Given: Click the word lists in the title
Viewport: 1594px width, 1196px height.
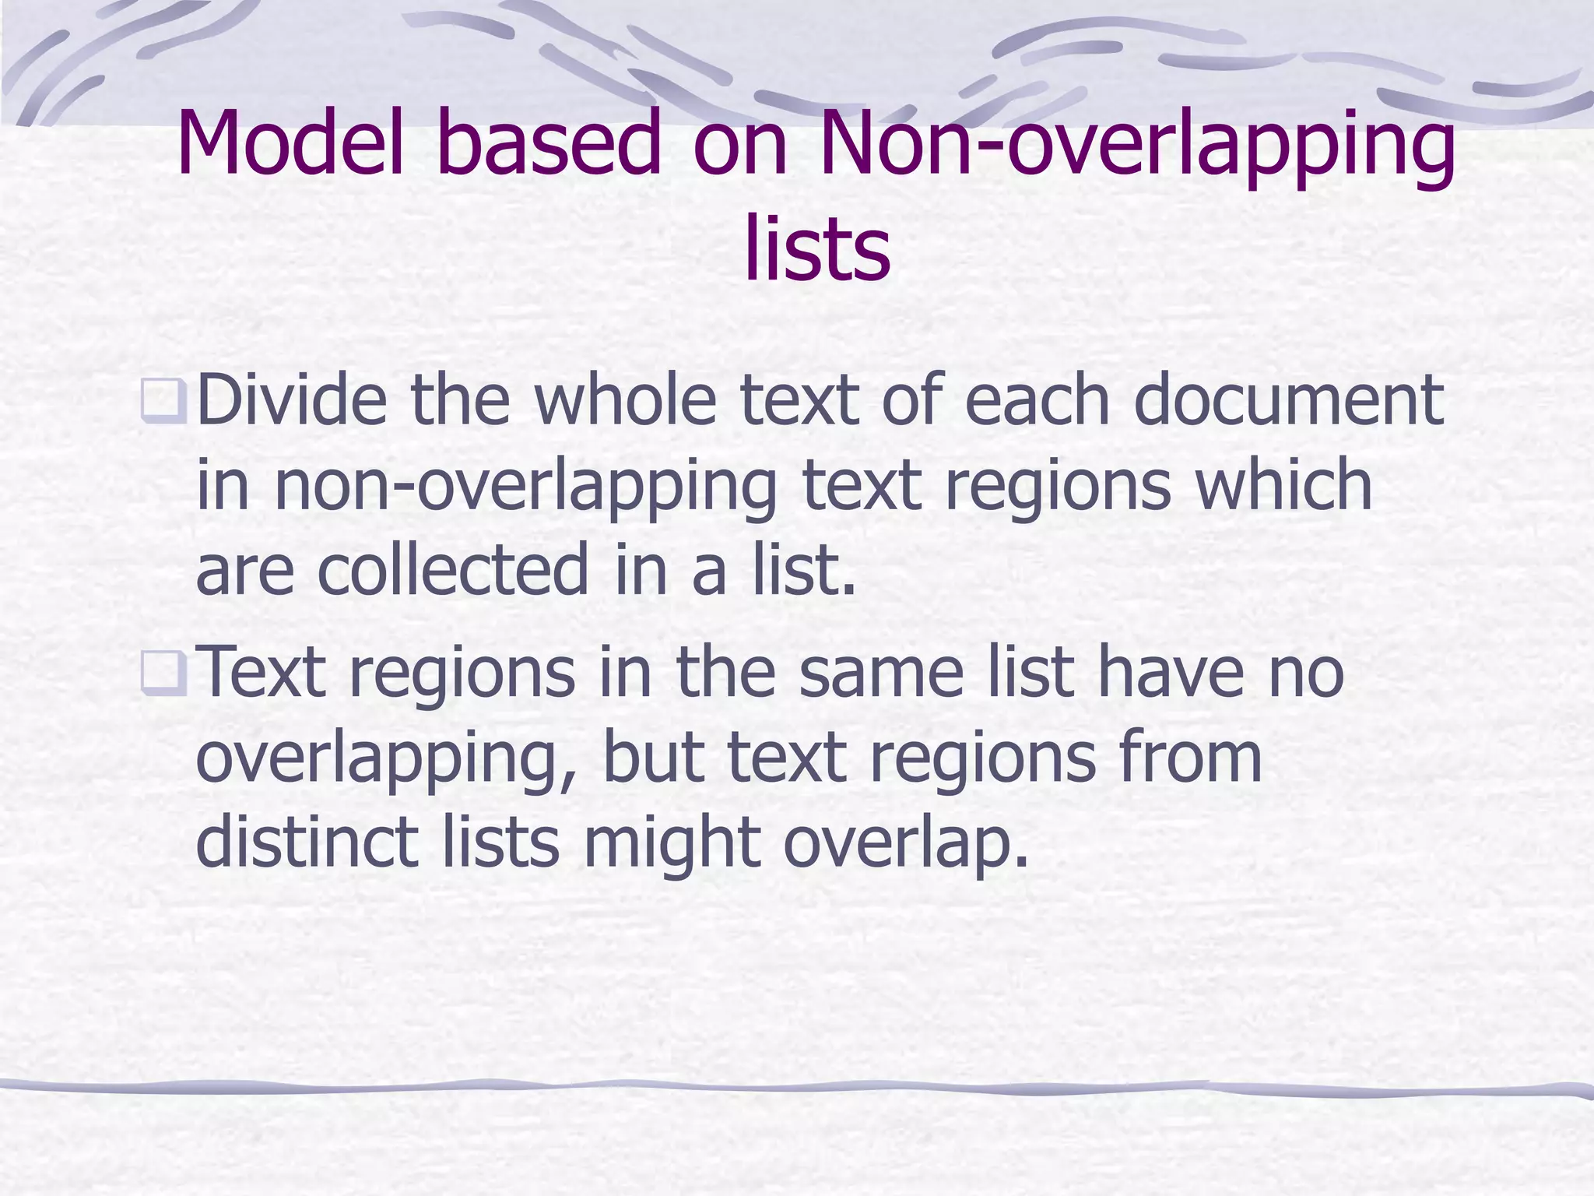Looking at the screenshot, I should click(816, 249).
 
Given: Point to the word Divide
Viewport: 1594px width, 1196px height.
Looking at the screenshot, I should click(292, 400).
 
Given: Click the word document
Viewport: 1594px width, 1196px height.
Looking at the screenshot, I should click(1288, 400).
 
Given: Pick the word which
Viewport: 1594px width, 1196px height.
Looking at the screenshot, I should click(1284, 485).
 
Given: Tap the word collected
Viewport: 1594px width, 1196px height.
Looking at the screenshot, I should click(453, 570).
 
